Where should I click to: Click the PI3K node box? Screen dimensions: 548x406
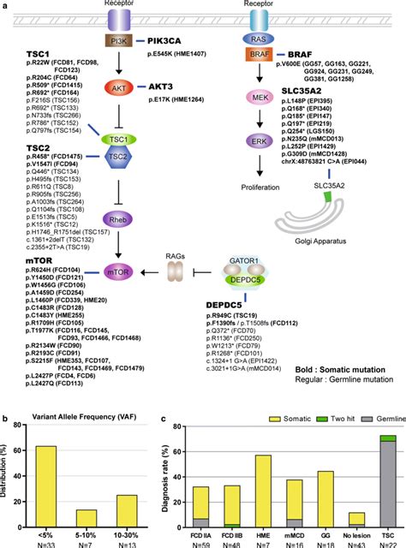point(116,40)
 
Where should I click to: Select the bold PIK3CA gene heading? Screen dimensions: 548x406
point(170,40)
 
